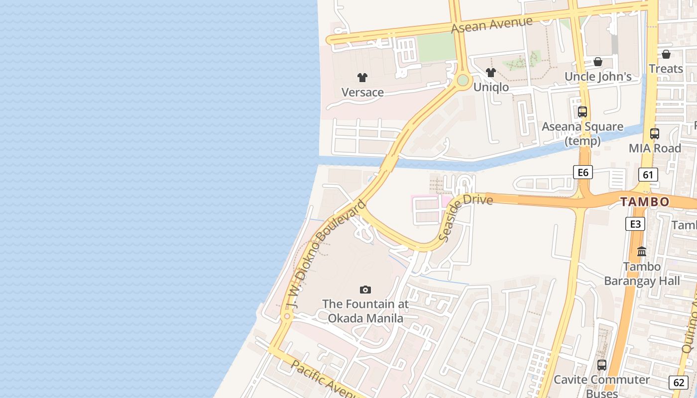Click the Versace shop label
click(x=362, y=93)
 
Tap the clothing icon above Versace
click(x=362, y=77)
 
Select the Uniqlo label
click(x=491, y=88)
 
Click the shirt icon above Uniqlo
click(x=491, y=73)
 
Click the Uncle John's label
click(x=597, y=77)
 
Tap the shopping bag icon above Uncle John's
click(x=598, y=62)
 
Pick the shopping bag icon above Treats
click(x=666, y=54)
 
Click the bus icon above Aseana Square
click(x=582, y=112)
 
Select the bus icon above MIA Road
click(x=655, y=133)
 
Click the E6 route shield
click(x=582, y=173)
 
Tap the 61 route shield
click(x=648, y=175)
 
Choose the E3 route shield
click(x=635, y=224)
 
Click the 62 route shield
click(x=679, y=382)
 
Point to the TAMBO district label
click(x=645, y=202)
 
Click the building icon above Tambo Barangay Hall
click(x=642, y=251)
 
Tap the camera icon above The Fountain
click(x=365, y=290)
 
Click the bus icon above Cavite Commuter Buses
click(x=602, y=365)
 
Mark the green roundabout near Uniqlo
click(x=463, y=80)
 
